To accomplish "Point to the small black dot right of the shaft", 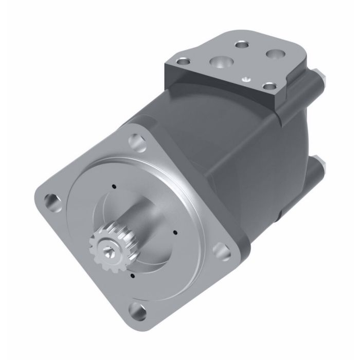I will click(176, 232).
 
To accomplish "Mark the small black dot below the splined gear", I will click(133, 276).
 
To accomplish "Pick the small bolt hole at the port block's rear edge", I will click(240, 45).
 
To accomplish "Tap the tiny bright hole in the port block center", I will click(246, 79).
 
